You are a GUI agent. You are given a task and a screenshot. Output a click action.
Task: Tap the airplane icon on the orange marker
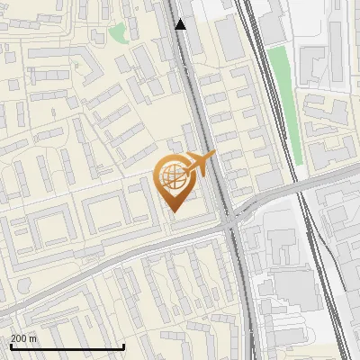tap(199, 164)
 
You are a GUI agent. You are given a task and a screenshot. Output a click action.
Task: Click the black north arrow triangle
tap(181, 24)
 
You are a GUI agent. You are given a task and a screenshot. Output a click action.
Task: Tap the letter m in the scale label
tap(33, 338)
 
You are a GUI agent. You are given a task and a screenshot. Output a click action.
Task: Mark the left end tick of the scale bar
tap(11, 347)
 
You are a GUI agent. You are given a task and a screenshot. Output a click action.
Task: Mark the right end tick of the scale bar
tap(123, 347)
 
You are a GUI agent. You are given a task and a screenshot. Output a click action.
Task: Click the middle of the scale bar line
tap(67, 347)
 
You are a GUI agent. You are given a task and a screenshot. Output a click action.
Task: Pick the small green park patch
tap(118, 33)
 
